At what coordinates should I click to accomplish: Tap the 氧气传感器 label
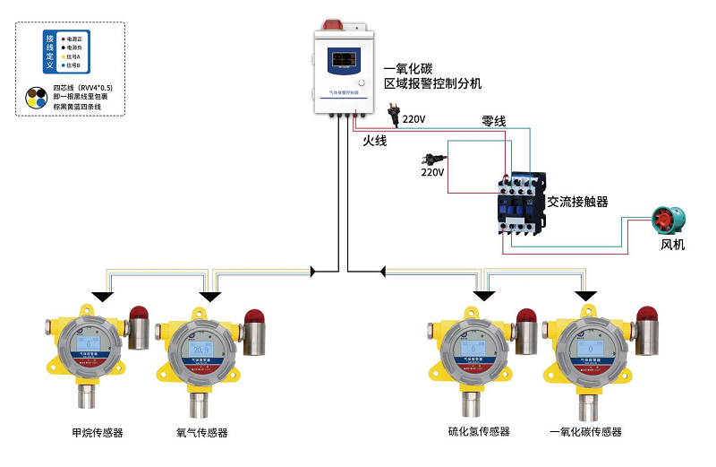click(202, 433)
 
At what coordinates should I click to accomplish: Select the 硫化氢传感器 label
click(479, 431)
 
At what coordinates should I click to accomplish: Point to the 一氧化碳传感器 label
click(585, 431)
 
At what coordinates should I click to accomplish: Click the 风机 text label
click(672, 244)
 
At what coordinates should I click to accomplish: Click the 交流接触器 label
click(578, 203)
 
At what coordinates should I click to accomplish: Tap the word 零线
click(494, 121)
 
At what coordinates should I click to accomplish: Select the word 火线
click(375, 141)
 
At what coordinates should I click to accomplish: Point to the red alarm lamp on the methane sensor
click(139, 315)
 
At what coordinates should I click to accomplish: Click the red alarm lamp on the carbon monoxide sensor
click(646, 315)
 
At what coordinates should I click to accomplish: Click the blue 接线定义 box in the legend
click(50, 52)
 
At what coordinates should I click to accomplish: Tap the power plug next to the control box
click(392, 115)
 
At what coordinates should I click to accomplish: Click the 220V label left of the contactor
click(432, 171)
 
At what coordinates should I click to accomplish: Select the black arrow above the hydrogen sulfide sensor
click(484, 297)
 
